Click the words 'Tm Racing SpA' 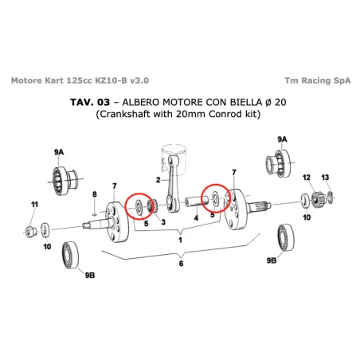coord(316,80)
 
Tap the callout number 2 coord(158,159)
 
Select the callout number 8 coord(94,194)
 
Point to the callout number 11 coord(33,205)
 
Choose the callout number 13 coord(325,177)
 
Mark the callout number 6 coord(181,264)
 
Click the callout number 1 coord(180,238)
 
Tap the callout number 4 coord(196,217)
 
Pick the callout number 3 coord(162,223)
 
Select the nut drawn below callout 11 coord(30,231)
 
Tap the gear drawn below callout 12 coord(316,197)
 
